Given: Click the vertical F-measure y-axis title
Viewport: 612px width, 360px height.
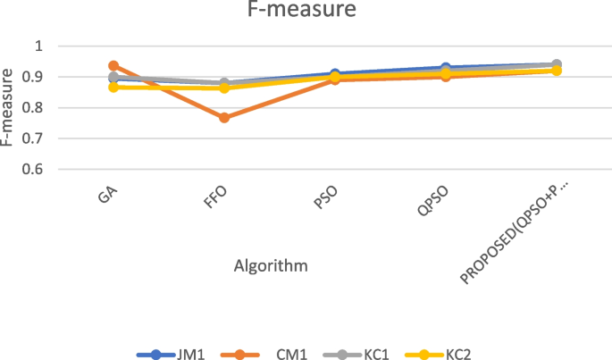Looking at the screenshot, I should coord(11,107).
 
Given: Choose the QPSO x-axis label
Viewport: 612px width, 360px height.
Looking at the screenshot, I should coord(425,203).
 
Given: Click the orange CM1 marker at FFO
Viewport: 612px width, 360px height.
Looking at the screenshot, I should coord(225,118).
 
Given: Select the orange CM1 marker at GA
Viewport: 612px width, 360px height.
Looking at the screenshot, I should coord(113,66).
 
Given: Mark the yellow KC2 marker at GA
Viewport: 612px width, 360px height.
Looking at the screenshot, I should coord(113,88).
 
